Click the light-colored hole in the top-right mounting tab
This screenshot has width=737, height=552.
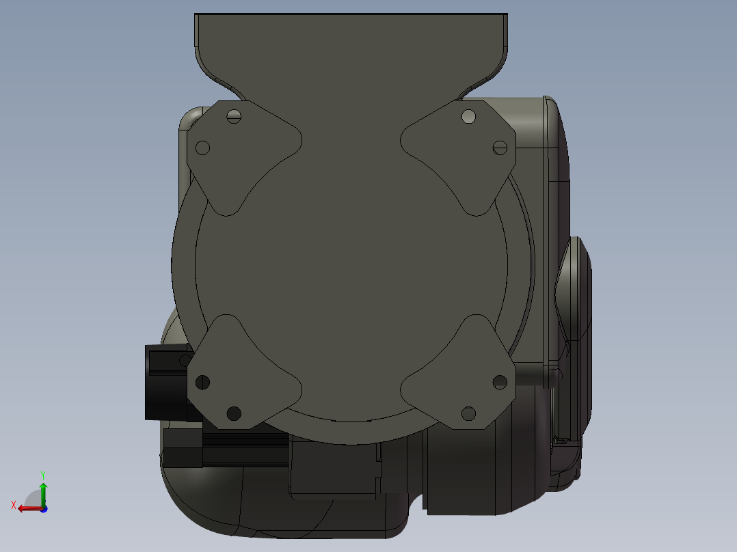point(468,116)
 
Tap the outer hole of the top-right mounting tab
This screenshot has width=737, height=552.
point(500,147)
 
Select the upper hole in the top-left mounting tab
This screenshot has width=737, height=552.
point(234,115)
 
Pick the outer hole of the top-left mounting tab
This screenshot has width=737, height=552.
point(202,148)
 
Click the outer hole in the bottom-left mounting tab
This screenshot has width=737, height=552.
point(202,383)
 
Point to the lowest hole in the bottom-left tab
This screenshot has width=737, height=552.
point(234,413)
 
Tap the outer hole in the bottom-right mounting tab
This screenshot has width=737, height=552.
point(500,382)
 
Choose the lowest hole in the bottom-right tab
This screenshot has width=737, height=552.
point(468,413)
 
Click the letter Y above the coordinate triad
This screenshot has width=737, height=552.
point(42,474)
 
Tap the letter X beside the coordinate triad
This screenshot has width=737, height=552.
point(14,505)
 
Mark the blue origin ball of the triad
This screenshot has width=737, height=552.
point(43,508)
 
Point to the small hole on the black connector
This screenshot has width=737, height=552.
point(185,360)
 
